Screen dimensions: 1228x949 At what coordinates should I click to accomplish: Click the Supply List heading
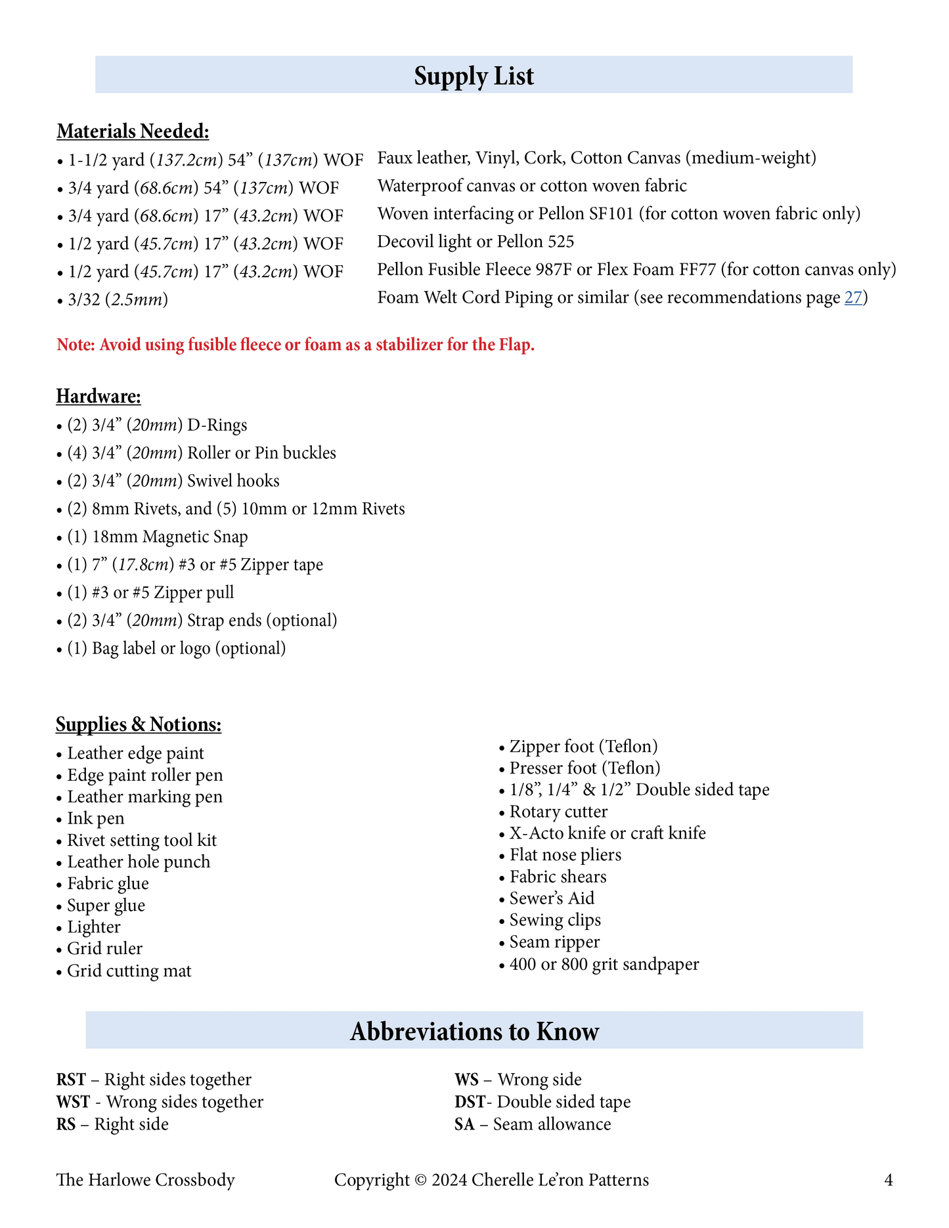click(474, 76)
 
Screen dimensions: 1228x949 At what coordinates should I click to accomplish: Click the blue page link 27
click(852, 298)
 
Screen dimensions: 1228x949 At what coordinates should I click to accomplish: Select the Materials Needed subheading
click(133, 131)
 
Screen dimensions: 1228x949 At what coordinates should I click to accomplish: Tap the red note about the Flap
click(296, 345)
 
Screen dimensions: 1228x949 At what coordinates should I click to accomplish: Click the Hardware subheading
click(99, 397)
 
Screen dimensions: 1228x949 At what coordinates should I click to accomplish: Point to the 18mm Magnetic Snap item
click(158, 537)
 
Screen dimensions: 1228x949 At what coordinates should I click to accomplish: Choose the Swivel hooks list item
click(173, 481)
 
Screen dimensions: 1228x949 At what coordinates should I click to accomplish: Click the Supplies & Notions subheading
click(139, 724)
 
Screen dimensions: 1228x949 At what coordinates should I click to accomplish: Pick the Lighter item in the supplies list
click(94, 927)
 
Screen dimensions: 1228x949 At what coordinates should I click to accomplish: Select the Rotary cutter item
click(558, 812)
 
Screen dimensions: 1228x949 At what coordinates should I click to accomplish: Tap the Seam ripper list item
click(554, 942)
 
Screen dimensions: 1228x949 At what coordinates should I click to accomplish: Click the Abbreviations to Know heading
click(474, 1031)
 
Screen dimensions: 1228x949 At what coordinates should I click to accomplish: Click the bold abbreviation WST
click(73, 1102)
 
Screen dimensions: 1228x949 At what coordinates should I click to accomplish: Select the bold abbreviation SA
click(464, 1124)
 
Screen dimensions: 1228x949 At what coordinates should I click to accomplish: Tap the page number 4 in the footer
click(889, 1180)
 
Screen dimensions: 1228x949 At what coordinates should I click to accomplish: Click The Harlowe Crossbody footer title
click(146, 1180)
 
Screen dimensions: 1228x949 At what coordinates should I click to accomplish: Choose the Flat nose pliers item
click(565, 855)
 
